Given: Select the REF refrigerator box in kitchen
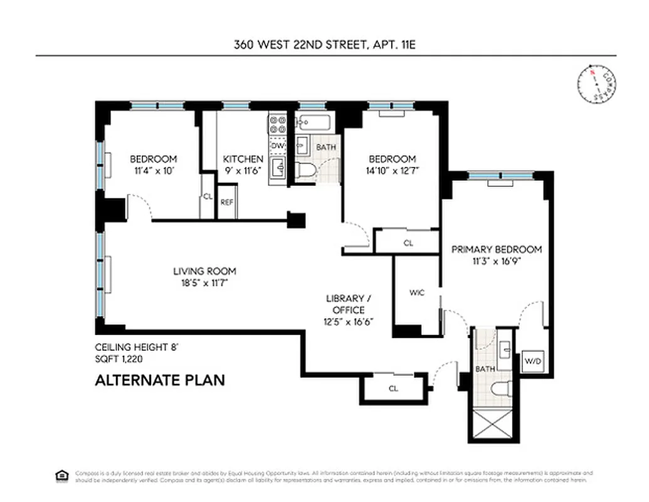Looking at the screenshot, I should coord(226,202).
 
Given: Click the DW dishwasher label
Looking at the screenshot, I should coord(278,146).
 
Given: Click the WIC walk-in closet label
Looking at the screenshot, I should coord(417,292).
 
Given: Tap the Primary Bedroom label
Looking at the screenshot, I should coord(497,249).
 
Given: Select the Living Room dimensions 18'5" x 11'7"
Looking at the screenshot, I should coord(204,283).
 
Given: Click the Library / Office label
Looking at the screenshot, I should coord(345,304).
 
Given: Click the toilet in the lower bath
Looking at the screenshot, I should coord(500,390).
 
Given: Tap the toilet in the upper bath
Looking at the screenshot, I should coord(305,170).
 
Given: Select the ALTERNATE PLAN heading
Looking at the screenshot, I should coord(159,380).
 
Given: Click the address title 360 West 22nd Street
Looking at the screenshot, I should coord(325,45).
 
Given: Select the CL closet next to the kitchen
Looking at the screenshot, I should coord(208,196).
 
